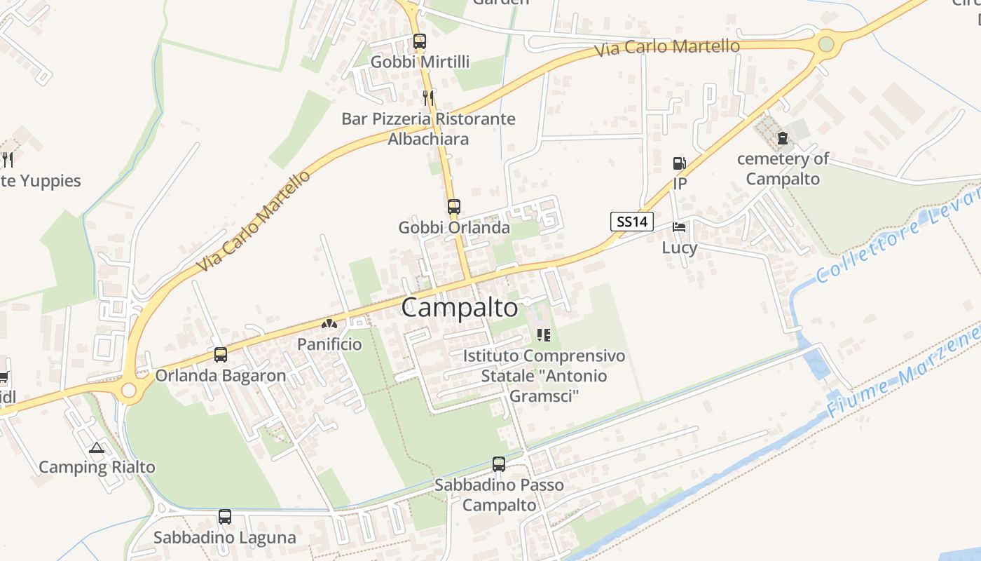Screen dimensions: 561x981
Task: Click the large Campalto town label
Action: coord(460,308)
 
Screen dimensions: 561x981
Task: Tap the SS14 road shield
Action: coord(631,222)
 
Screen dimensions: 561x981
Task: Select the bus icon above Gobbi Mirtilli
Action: coord(419,41)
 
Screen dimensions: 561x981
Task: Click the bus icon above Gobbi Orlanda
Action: coord(454,207)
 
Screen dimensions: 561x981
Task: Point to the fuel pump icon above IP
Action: coord(679,163)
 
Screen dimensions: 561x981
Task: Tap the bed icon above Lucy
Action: coord(679,227)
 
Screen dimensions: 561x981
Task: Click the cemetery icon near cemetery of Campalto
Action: coord(783,138)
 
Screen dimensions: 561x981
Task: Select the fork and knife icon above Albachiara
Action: coord(428,98)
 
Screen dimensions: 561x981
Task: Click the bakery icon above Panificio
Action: coord(329,324)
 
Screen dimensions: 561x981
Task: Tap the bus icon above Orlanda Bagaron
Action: coord(221,355)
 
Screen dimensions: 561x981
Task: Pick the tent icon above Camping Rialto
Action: coord(97,447)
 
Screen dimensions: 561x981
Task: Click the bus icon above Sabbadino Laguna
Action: coord(225,517)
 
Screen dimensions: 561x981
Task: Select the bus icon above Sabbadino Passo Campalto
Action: coord(499,464)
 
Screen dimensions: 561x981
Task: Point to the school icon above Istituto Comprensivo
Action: coord(544,335)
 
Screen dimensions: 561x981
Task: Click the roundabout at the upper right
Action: coord(827,44)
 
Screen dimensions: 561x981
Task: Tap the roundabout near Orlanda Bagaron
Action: coord(129,391)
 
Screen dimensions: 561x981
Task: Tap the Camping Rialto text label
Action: coord(97,467)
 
